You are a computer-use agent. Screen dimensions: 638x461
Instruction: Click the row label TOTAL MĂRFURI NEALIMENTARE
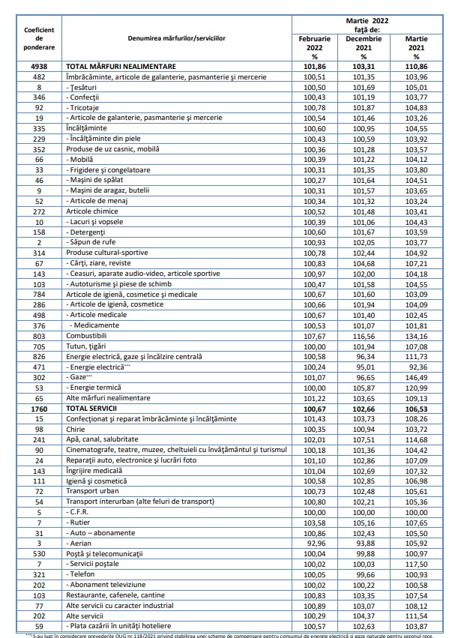pos(122,67)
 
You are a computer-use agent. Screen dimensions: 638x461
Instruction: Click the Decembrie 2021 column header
pos(363,46)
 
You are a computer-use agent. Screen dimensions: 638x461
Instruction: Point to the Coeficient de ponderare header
pos(39,37)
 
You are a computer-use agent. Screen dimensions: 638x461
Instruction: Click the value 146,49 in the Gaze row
pos(416,378)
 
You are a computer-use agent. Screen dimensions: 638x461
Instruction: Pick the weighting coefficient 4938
pos(39,67)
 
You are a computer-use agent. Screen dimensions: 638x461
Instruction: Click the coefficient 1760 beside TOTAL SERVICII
pos(39,407)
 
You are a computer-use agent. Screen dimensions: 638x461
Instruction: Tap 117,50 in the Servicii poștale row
pos(416,563)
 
